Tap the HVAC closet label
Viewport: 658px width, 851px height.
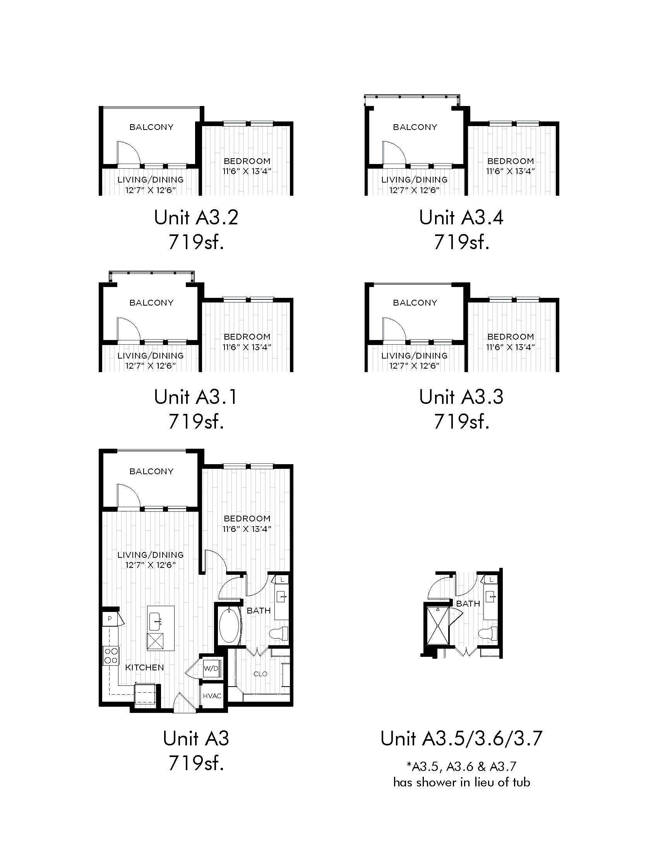212,696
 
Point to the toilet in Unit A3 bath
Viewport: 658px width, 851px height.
279,633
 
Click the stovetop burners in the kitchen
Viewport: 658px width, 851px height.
111,655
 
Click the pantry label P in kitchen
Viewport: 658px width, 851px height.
110,619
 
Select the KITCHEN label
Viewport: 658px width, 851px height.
145,668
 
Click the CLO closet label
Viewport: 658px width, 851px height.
260,674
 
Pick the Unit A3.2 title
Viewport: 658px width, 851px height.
196,217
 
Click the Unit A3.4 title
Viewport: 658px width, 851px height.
461,217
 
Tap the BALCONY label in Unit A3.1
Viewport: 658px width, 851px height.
152,303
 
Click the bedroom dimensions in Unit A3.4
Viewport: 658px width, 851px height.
510,171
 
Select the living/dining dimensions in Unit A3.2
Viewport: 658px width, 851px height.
151,190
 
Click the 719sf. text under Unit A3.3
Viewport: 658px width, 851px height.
461,421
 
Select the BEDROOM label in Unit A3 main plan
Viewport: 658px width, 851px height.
247,519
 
